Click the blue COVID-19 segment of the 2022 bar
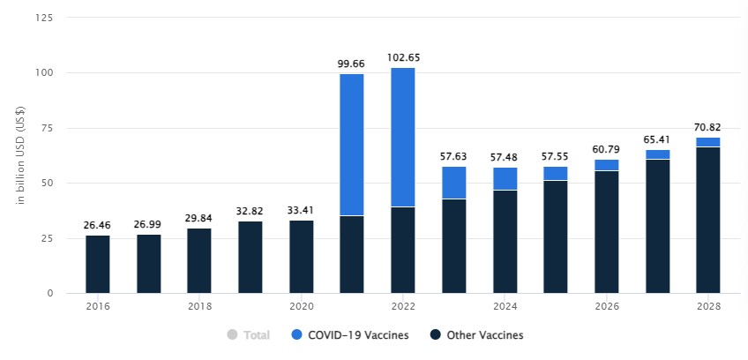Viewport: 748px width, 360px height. click(403, 137)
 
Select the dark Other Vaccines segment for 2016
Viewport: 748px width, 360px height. click(98, 264)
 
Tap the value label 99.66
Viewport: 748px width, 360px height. click(352, 64)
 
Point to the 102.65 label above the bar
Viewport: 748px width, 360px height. click(403, 57)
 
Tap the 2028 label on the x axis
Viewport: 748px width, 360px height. click(708, 306)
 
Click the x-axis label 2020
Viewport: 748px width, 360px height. click(302, 306)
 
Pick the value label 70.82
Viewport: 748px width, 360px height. click(708, 127)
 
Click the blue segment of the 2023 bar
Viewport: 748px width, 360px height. click(454, 182)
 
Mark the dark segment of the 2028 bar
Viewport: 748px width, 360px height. click(708, 220)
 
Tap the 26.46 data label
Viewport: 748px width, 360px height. click(98, 224)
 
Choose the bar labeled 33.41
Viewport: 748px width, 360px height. click(302, 256)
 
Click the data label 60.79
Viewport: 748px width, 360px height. click(607, 149)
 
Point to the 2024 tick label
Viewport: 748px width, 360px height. click(505, 306)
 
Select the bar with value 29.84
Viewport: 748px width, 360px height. click(199, 260)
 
